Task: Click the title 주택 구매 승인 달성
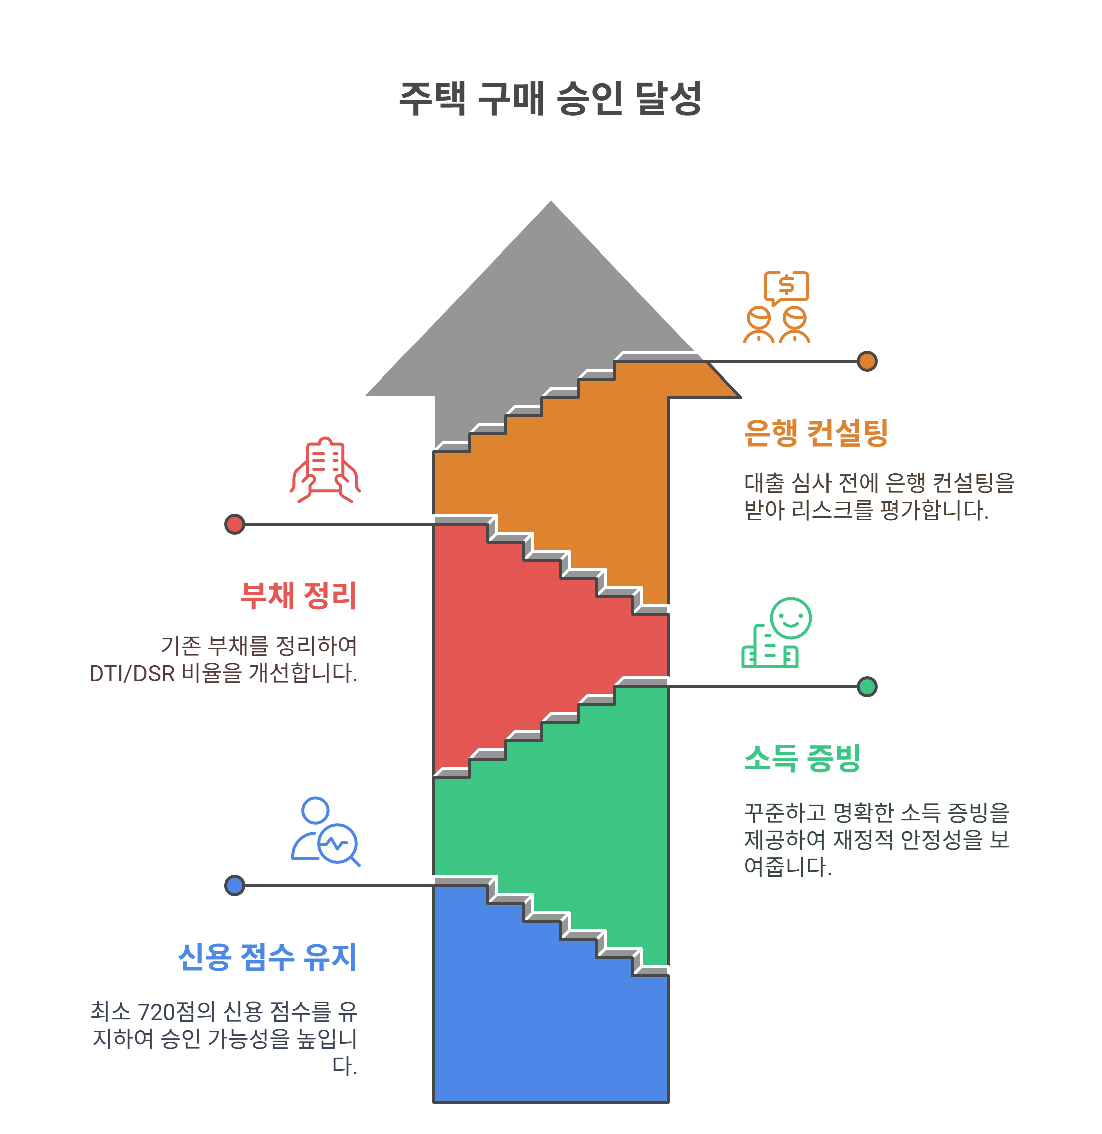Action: pos(550,98)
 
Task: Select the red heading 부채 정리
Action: pos(299,596)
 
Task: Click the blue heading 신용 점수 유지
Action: pos(267,957)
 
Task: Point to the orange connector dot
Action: pos(867,361)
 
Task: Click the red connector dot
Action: pos(234,524)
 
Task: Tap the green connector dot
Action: pos(867,687)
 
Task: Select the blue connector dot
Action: pos(234,885)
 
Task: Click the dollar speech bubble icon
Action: pos(786,286)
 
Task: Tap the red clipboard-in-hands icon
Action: pos(325,469)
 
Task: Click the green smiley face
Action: pos(790,617)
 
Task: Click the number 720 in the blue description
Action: pos(156,1012)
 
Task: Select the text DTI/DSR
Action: pos(132,673)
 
